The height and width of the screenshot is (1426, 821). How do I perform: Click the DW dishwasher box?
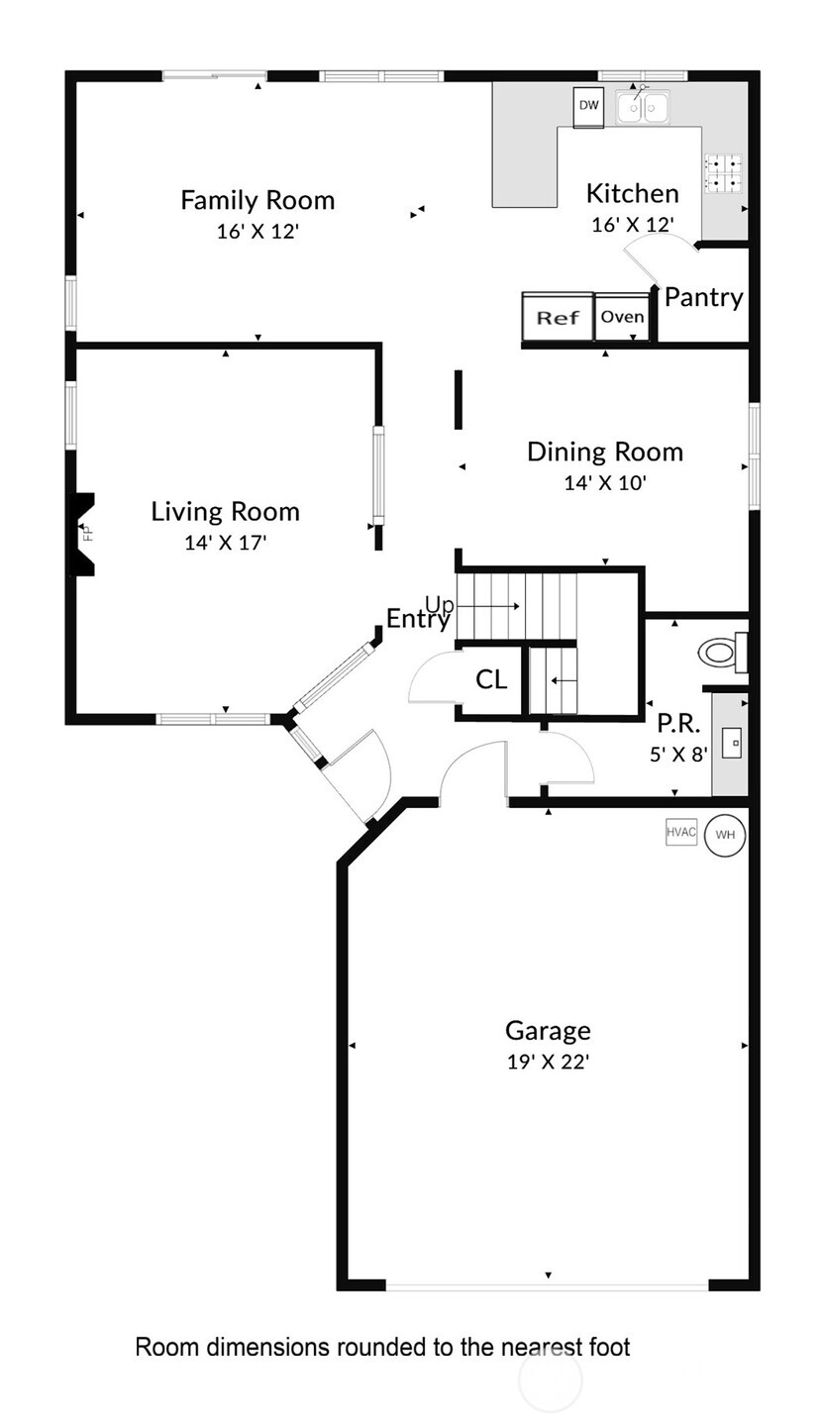point(588,106)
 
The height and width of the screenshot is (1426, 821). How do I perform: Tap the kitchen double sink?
point(642,106)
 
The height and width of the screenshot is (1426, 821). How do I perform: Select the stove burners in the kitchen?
point(724,173)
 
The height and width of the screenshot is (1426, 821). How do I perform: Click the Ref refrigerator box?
point(559,317)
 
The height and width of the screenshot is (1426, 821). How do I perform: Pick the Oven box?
point(622,317)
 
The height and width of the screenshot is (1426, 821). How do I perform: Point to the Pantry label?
point(704,297)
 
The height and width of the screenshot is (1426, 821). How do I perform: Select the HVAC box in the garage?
point(681,832)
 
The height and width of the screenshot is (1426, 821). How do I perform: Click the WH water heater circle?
point(725,834)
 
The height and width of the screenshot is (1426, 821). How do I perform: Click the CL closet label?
point(491,680)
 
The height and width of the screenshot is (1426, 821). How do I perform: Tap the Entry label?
point(418,619)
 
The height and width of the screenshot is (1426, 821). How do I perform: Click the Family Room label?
point(257,200)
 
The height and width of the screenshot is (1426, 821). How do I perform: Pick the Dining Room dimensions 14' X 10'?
point(605,482)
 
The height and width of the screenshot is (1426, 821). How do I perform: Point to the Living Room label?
point(225,512)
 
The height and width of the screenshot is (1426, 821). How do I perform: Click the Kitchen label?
point(633,193)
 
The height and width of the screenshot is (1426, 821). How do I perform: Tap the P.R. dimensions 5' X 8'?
point(678,755)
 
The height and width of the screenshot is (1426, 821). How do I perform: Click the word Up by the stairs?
point(439,604)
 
